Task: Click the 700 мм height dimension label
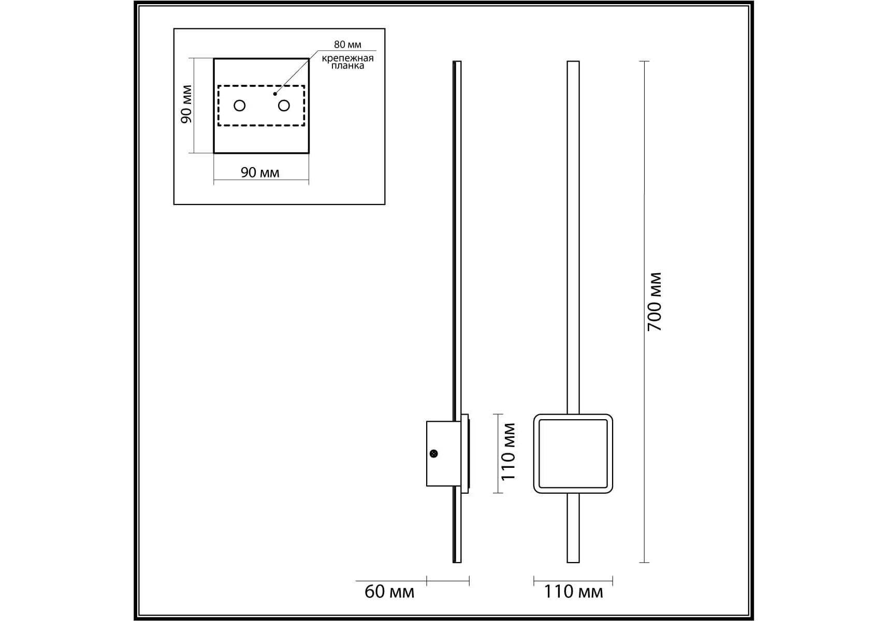pyautogui.click(x=655, y=302)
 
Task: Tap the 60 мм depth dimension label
pyautogui.click(x=389, y=592)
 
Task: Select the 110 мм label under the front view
pyautogui.click(x=573, y=592)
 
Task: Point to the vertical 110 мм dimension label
pyautogui.click(x=509, y=451)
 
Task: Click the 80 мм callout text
pyautogui.click(x=347, y=45)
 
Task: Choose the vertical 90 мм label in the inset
pyautogui.click(x=186, y=104)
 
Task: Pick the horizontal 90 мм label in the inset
pyautogui.click(x=260, y=172)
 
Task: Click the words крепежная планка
pyautogui.click(x=347, y=62)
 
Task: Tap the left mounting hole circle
pyautogui.click(x=239, y=106)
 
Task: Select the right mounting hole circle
pyautogui.click(x=284, y=106)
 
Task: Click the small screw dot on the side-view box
pyautogui.click(x=434, y=454)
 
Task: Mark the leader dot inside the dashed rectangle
pyautogui.click(x=275, y=94)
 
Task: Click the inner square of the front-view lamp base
pyautogui.click(x=573, y=453)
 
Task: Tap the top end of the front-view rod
pyautogui.click(x=573, y=62)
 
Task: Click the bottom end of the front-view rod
pyautogui.click(x=573, y=563)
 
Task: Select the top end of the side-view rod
pyautogui.click(x=457, y=62)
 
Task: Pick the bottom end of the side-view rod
pyautogui.click(x=457, y=563)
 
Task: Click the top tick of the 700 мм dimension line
pyautogui.click(x=644, y=62)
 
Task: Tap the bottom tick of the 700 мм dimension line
pyautogui.click(x=644, y=563)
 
